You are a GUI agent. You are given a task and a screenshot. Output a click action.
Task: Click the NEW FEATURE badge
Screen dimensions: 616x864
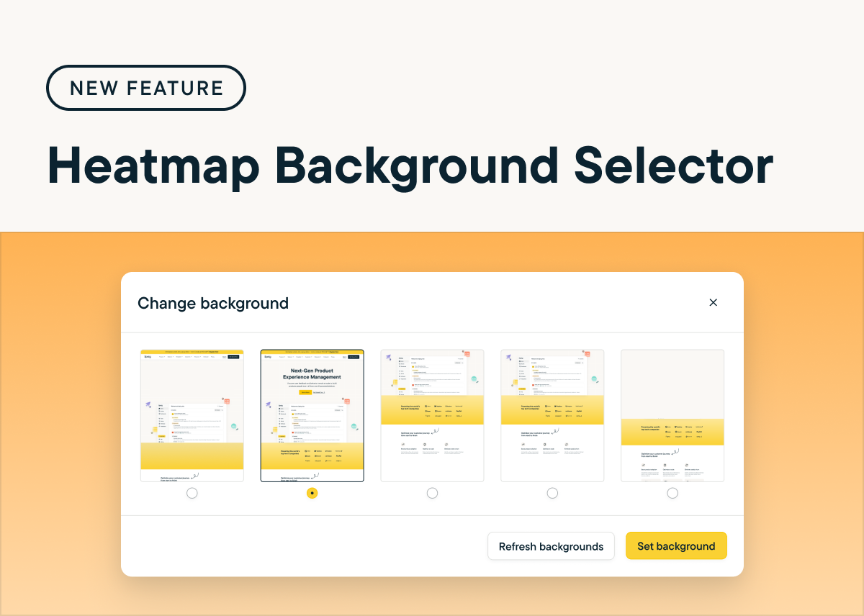[x=146, y=88]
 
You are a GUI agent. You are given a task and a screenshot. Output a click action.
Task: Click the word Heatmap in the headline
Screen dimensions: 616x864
[x=153, y=167]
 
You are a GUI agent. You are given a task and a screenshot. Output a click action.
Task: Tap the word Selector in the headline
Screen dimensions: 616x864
[x=674, y=167]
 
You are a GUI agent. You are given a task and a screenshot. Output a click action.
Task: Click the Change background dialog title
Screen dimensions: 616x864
[x=213, y=303]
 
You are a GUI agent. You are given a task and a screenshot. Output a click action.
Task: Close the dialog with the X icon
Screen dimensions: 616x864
[x=714, y=302]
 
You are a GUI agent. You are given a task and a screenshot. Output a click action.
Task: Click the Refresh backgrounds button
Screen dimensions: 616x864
[x=551, y=546]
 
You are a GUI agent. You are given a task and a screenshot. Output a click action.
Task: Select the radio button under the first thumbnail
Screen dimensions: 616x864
[x=192, y=493]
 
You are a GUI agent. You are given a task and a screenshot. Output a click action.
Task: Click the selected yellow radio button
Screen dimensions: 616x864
[x=312, y=493]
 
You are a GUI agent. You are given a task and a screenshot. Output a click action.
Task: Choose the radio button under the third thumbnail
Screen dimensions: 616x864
[x=432, y=493]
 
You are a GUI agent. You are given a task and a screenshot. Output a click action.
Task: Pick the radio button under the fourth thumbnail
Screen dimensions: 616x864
[x=552, y=493]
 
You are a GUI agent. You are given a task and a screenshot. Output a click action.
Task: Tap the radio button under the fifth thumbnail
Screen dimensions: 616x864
[x=672, y=493]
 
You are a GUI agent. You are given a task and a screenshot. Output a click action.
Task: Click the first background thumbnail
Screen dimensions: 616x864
[x=192, y=415]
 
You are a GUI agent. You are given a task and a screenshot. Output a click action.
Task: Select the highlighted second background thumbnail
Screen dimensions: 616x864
[x=312, y=415]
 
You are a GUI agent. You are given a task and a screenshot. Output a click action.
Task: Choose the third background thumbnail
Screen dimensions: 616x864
[x=432, y=415]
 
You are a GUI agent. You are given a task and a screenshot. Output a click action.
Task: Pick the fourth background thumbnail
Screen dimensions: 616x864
[x=552, y=415]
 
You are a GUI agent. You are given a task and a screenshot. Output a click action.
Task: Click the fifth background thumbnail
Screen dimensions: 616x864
[x=672, y=415]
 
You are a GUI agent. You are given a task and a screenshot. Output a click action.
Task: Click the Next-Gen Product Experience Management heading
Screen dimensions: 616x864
[x=312, y=373]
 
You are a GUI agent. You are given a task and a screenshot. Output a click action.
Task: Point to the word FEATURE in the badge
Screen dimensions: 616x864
[x=175, y=88]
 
